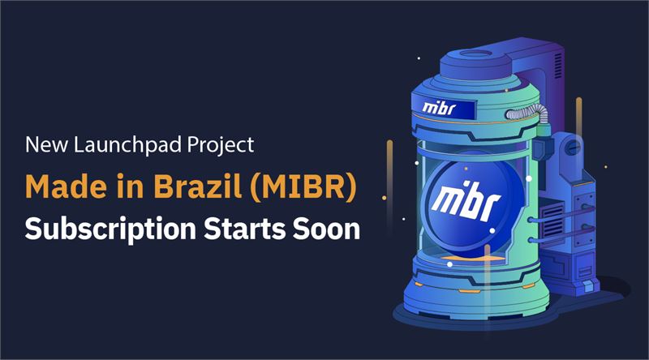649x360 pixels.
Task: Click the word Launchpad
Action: pos(127,145)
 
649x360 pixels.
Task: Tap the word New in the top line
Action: pos(46,145)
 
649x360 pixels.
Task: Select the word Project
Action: pos(220,146)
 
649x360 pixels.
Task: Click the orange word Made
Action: pos(64,186)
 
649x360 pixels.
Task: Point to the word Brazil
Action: pos(197,186)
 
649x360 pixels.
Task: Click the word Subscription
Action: pos(110,229)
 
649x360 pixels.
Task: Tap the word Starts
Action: pos(245,229)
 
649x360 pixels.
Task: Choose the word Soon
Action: pos(327,229)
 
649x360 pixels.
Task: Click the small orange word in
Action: pos(128,186)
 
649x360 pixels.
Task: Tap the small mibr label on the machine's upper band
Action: pos(439,109)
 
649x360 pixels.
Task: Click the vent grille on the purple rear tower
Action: pos(558,66)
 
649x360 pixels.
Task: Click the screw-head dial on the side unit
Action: pos(573,148)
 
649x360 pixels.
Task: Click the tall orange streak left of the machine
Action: pos(389,169)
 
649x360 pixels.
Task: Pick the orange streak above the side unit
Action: pos(578,113)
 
